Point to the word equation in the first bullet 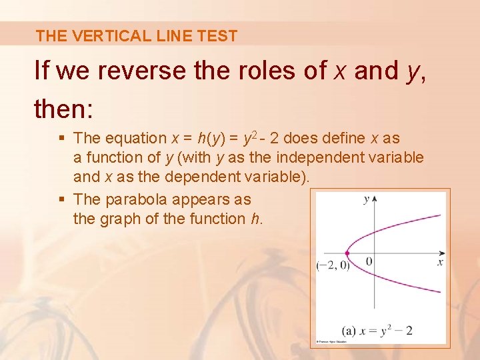point(138,139)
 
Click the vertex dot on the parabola point(347,253)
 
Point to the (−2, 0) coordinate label point(333,266)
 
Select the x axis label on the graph point(440,263)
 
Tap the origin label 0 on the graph point(369,261)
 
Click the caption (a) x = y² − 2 point(377,330)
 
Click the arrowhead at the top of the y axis point(375,199)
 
